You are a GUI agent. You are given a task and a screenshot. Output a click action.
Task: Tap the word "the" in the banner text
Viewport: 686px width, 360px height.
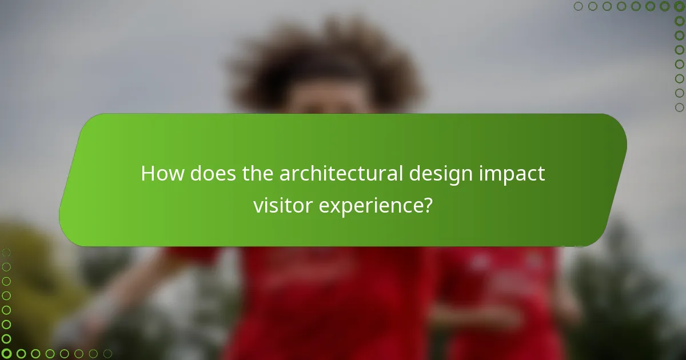258,174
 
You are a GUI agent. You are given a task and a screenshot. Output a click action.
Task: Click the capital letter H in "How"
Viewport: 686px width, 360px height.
147,174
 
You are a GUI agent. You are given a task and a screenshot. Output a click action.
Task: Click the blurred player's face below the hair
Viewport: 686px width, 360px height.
332,103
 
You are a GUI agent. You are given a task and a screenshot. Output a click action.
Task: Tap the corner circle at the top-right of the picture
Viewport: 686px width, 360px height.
679,7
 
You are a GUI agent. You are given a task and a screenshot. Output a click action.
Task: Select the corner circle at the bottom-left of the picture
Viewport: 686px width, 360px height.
7,354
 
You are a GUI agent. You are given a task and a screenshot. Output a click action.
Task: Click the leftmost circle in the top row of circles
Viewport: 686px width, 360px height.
579,7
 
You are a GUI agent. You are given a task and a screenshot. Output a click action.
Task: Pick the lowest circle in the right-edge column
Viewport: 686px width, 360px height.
679,107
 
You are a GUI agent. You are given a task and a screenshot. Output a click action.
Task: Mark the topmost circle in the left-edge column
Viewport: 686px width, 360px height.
7,253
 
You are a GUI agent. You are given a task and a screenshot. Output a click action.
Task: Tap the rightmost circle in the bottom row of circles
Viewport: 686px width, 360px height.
107,354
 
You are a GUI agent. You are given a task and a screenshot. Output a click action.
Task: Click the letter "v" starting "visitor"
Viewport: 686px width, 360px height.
258,206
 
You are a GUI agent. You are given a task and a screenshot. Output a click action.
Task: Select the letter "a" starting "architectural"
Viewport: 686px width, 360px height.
284,175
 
